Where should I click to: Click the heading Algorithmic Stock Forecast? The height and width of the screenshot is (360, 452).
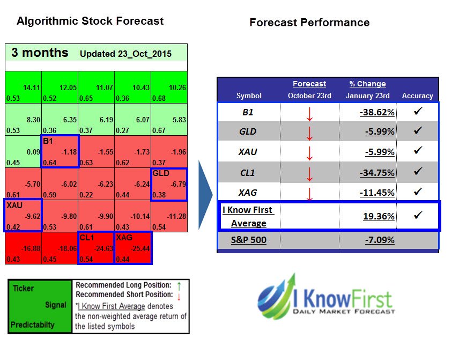pos(90,21)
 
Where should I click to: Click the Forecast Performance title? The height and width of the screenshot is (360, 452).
pos(309,23)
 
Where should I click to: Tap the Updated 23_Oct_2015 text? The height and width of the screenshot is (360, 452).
pos(125,54)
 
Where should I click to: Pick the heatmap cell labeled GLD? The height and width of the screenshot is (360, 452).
pos(169,185)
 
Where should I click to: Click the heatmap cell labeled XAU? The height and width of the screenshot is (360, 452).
pos(23,215)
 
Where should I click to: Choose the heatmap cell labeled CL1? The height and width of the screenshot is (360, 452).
pos(96,247)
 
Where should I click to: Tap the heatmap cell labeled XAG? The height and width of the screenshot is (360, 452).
pos(132,247)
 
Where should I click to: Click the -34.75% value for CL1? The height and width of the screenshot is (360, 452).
pos(377,173)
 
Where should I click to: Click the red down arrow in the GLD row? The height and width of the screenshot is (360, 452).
pos(309,133)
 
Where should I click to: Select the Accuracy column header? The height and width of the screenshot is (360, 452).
pos(417,95)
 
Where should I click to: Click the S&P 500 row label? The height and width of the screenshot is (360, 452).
pos(248,240)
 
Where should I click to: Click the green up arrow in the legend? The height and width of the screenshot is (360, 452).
pos(178,286)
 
